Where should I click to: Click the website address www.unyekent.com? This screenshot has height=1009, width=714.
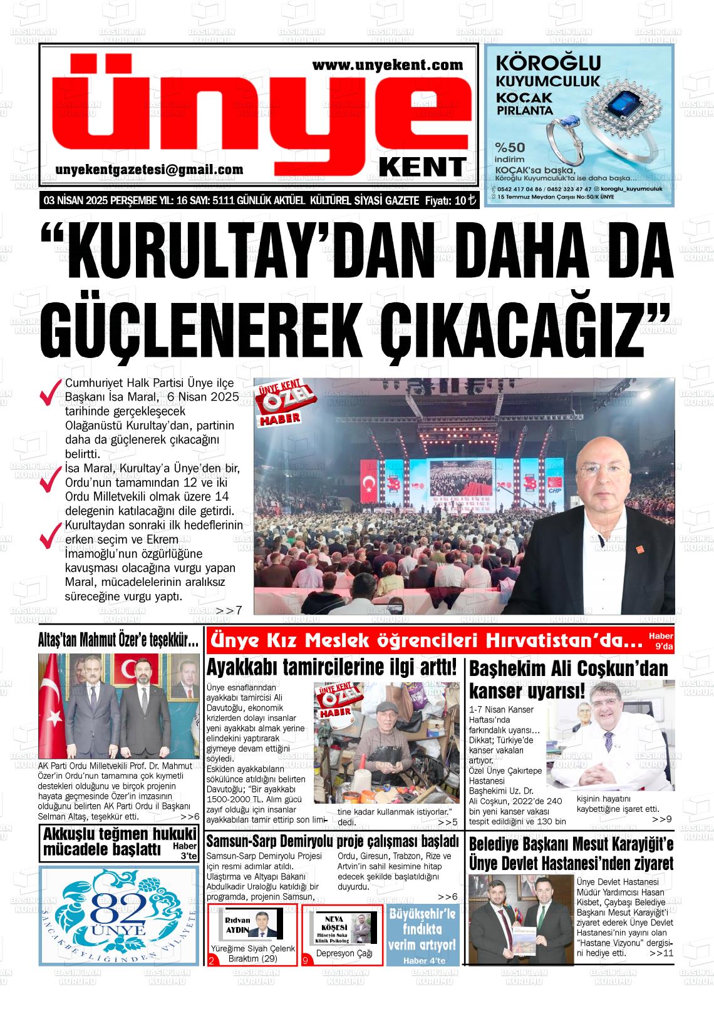(387, 64)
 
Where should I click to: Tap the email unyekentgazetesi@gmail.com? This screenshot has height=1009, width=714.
(149, 170)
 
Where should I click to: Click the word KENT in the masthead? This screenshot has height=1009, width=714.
(423, 167)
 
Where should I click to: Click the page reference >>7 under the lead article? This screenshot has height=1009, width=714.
(229, 610)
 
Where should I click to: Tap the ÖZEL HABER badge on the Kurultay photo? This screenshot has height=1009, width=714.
(280, 403)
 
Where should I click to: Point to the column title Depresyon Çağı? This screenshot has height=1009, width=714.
(344, 953)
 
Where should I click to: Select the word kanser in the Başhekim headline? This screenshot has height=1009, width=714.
(497, 691)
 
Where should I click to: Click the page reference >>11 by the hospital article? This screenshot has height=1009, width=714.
(661, 953)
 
